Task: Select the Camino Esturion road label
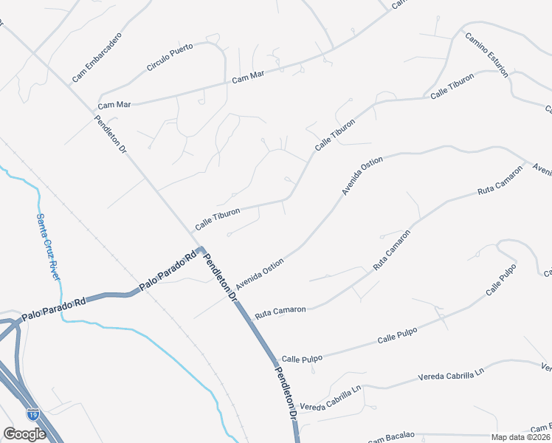coord(486,53)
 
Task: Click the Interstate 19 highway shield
coord(33,414)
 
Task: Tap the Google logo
coord(24,434)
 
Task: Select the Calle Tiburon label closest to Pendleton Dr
coord(217,217)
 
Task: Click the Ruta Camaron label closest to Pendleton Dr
coord(280,312)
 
